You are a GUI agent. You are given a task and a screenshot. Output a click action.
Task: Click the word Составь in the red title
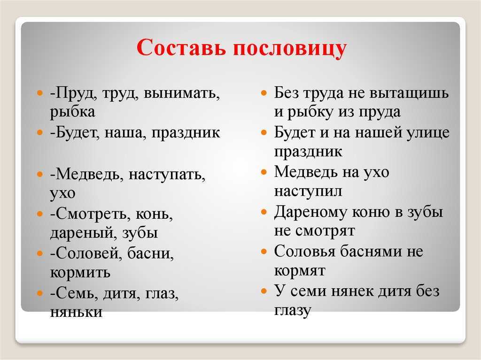pyautogui.click(x=181, y=47)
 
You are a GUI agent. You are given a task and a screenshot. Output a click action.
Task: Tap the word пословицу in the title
pyautogui.click(x=290, y=49)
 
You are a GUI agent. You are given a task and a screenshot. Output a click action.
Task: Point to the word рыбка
pyautogui.click(x=72, y=112)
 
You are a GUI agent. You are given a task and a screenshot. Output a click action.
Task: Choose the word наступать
pyautogui.click(x=167, y=175)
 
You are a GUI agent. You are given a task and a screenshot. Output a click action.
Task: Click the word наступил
pyautogui.click(x=308, y=191)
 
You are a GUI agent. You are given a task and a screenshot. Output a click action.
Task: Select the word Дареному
pyautogui.click(x=310, y=212)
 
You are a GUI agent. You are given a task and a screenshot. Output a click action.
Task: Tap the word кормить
pyautogui.click(x=80, y=273)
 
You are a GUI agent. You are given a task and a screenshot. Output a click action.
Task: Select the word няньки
pyautogui.click(x=76, y=312)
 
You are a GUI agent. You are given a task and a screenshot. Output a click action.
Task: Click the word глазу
pyautogui.click(x=292, y=311)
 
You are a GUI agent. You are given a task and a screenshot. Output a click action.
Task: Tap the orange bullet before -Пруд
pyautogui.click(x=39, y=92)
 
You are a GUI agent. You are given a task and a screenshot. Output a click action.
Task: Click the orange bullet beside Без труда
pyautogui.click(x=264, y=92)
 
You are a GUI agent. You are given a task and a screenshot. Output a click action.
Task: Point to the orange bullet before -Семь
pyautogui.click(x=39, y=293)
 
